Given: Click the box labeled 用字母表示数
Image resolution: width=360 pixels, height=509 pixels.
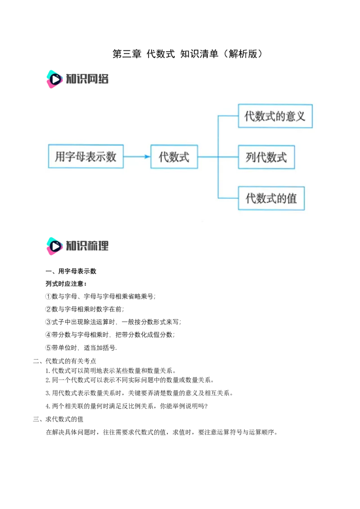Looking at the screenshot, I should coord(85,156).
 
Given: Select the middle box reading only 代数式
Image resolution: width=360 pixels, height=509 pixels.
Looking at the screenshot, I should coord(174,156).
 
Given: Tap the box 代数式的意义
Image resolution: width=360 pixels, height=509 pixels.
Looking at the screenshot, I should coord(275,116).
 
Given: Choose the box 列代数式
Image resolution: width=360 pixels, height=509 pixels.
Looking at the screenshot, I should coord(266,157).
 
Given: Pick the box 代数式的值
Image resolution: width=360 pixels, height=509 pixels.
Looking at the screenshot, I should coord(271,198).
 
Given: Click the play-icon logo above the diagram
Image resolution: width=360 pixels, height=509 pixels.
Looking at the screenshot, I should coord(54,79).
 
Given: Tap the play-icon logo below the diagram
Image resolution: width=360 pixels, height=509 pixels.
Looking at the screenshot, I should coord(54,246).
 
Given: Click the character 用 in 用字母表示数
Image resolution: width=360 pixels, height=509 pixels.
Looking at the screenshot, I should coord(60,156).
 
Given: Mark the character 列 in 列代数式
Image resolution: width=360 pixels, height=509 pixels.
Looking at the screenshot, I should coord(251,157).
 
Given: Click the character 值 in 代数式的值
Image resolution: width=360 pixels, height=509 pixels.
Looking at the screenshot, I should coord(292,198).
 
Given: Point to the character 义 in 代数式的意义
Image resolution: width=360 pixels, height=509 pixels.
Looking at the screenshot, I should coord(300,116).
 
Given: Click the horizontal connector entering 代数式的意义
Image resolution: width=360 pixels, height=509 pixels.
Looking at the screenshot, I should coord(228,116).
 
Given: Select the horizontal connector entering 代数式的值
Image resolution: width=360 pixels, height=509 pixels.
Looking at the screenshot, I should coord(228,198).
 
